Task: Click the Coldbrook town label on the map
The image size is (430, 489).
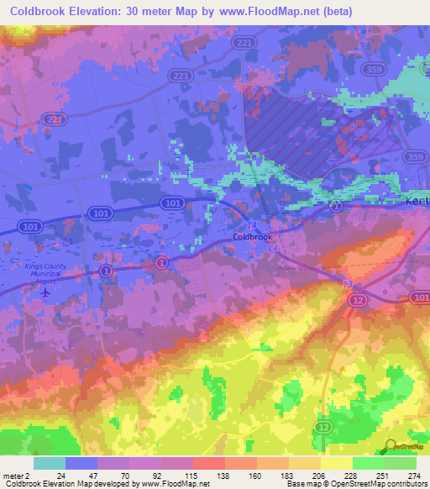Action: click(x=252, y=237)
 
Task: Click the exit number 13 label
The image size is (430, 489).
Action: click(x=348, y=285)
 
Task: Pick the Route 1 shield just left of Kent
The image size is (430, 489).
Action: click(x=336, y=206)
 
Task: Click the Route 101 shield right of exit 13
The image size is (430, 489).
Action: click(x=419, y=297)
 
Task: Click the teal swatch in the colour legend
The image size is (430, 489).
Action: click(x=50, y=463)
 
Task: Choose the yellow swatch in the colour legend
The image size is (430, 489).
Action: click(x=336, y=463)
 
